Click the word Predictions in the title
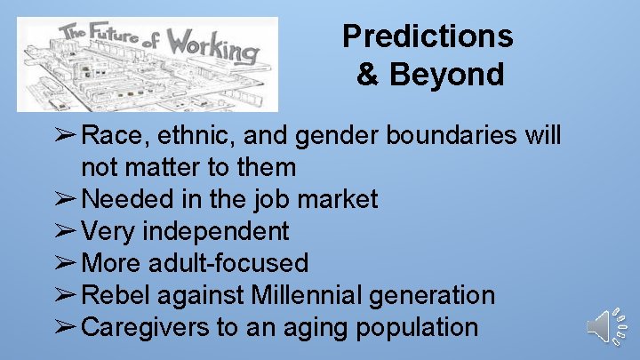pos(428,36)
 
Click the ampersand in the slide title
pos(367,74)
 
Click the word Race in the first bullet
pos(109,135)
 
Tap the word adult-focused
pos(232,263)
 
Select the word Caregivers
pos(145,327)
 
